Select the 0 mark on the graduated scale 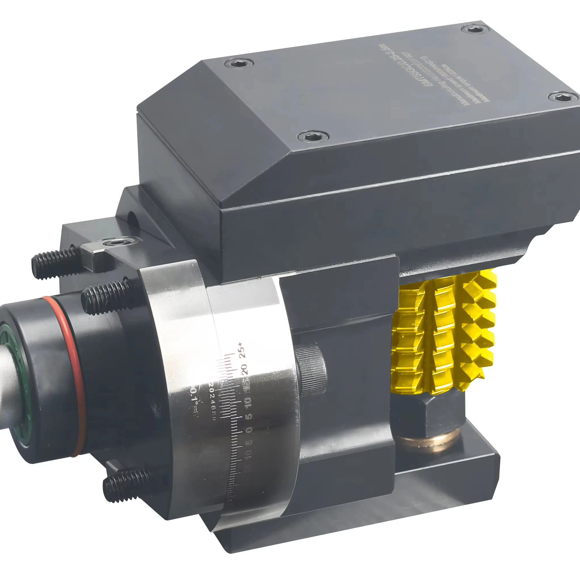coord(249,430)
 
